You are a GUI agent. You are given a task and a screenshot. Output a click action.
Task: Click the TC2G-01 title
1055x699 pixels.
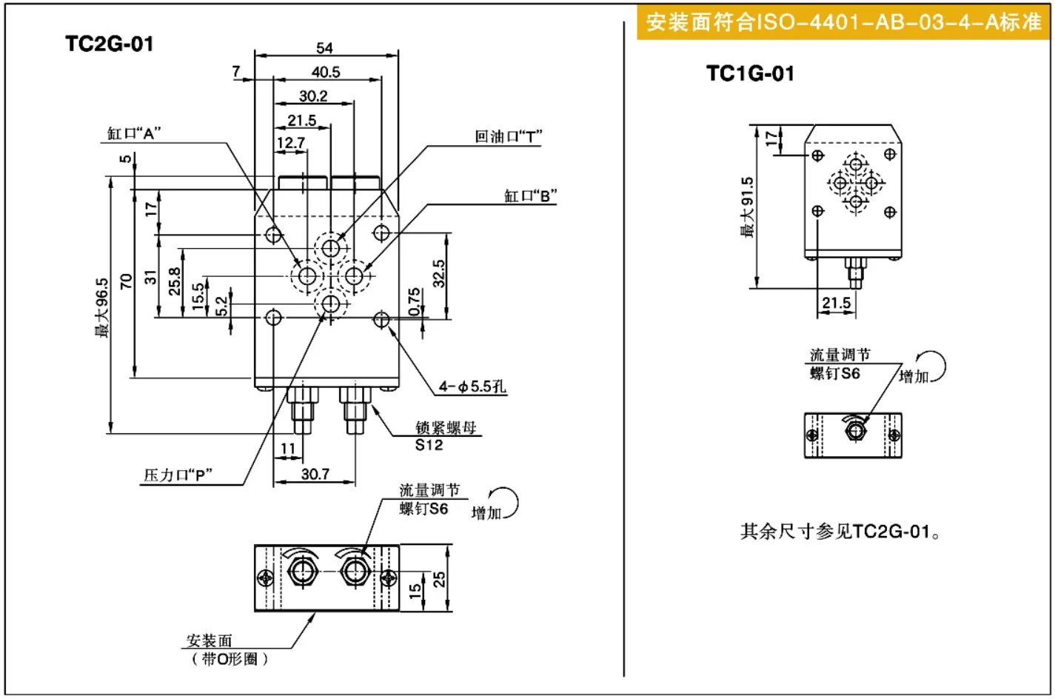click(110, 44)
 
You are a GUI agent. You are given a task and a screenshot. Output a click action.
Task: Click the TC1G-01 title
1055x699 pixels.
click(750, 73)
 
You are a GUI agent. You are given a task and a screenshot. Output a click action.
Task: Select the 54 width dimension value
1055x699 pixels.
click(324, 47)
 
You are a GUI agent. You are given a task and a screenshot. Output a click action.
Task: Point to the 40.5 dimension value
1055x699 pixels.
click(326, 72)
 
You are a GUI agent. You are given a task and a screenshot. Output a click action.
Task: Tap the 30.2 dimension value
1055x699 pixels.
click(313, 96)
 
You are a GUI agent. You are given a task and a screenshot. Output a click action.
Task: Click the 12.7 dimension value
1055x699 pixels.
click(291, 142)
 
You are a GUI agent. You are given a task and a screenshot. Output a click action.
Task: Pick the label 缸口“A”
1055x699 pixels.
click(134, 133)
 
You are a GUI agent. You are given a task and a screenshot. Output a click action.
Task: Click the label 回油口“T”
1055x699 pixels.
click(508, 136)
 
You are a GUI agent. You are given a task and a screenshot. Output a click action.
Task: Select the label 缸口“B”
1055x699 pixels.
click(530, 195)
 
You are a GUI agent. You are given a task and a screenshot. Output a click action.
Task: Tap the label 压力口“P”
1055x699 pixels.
click(178, 475)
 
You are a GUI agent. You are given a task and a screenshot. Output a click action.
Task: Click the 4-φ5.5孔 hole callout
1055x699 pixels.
click(472, 387)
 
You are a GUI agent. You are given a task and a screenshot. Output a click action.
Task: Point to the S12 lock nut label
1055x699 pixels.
click(429, 444)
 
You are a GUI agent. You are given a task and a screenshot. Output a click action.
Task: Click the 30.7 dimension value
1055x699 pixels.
click(315, 474)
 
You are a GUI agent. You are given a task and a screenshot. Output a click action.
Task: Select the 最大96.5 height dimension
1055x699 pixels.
click(101, 307)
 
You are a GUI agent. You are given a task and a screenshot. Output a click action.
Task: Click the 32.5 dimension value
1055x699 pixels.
click(438, 274)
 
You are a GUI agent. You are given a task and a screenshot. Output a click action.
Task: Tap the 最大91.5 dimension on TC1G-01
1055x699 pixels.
click(747, 207)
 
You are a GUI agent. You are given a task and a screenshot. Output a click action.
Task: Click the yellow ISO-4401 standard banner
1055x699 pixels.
click(843, 22)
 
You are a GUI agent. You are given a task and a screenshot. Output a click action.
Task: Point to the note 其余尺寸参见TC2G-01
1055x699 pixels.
click(841, 532)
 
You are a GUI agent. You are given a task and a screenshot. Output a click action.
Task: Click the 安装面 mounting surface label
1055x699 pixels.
click(209, 641)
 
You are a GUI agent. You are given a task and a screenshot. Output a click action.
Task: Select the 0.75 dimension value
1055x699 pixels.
click(414, 302)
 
